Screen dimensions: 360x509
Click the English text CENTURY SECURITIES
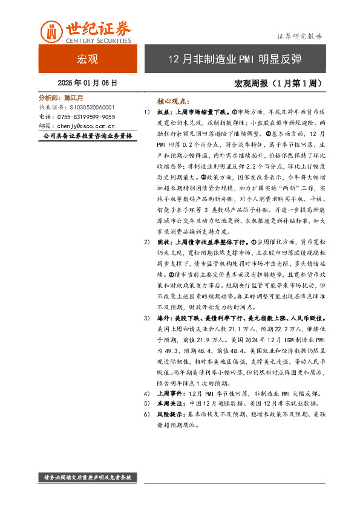[x=97, y=41]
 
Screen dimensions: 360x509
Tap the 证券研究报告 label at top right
[x=299, y=36]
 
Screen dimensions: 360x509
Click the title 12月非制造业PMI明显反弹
[x=234, y=59]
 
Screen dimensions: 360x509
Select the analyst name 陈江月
[x=73, y=97]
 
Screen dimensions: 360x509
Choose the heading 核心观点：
[x=172, y=102]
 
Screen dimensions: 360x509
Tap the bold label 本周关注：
[x=172, y=403]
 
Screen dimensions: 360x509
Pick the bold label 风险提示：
[x=172, y=415]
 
